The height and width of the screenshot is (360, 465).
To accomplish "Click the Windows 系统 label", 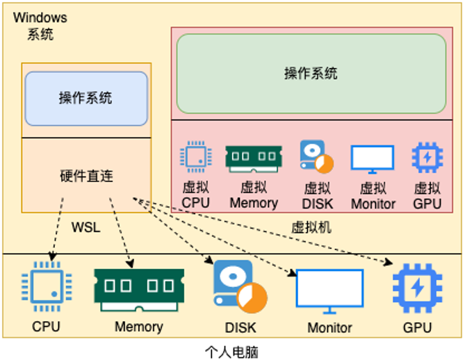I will (40, 26).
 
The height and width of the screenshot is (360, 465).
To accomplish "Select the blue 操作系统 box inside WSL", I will (86, 98).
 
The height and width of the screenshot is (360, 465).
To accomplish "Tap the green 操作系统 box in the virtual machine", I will (311, 73).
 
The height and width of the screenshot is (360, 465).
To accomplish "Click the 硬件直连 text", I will (86, 176).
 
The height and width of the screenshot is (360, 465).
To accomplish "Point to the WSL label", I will (86, 227).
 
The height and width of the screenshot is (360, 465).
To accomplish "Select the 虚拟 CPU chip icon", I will (195, 157).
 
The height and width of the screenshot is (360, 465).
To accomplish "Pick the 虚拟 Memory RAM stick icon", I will (253, 158).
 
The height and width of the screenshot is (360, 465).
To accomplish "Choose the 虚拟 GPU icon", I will (427, 157).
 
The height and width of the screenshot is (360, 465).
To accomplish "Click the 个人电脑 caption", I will (232, 352).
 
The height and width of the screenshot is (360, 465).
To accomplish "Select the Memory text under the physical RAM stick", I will (138, 327).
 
